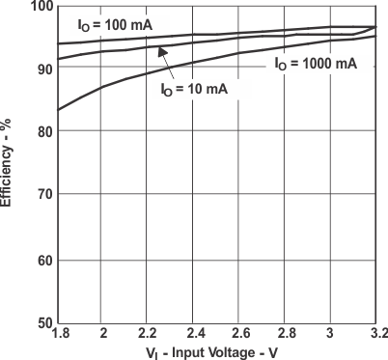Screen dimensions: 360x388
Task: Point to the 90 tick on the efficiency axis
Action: tap(43, 69)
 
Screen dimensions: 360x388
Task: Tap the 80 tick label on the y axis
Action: tap(43, 132)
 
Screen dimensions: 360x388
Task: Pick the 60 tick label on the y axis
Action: tap(43, 260)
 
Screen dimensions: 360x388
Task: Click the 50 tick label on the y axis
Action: tap(43, 322)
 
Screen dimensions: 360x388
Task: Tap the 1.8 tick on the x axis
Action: tap(59, 333)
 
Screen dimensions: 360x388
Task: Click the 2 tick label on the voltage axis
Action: tap(103, 333)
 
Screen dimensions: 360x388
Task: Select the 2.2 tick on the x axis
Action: tap(149, 333)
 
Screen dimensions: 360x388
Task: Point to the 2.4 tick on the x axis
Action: tap(195, 333)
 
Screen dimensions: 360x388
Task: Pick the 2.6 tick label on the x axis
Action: tap(240, 333)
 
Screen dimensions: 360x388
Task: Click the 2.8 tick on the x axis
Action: tap(286, 333)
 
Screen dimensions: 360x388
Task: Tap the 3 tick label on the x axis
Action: tap(331, 333)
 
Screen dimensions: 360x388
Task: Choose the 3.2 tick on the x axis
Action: tap(376, 333)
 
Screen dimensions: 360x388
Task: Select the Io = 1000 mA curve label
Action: tap(315, 64)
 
